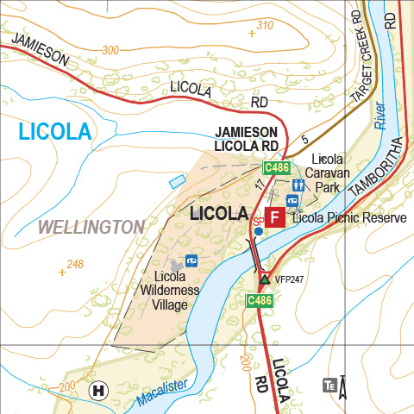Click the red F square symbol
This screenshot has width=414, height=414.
tap(275, 216)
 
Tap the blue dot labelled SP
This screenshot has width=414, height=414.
tap(258, 231)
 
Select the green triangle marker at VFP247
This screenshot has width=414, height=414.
tap(265, 279)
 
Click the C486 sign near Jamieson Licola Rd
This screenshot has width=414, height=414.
tap(276, 167)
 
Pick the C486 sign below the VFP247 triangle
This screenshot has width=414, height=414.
tap(260, 300)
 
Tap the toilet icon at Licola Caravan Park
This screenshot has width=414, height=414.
tap(298, 185)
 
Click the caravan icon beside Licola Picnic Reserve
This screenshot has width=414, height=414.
tap(292, 201)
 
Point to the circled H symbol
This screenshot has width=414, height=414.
tap(99, 390)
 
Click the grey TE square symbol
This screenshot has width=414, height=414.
tap(329, 385)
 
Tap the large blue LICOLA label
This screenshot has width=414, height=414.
tap(54, 132)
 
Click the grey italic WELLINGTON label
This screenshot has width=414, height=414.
tap(91, 228)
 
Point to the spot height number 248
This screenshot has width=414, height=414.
tap(76, 264)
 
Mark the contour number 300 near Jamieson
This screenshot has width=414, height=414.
tap(110, 50)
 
